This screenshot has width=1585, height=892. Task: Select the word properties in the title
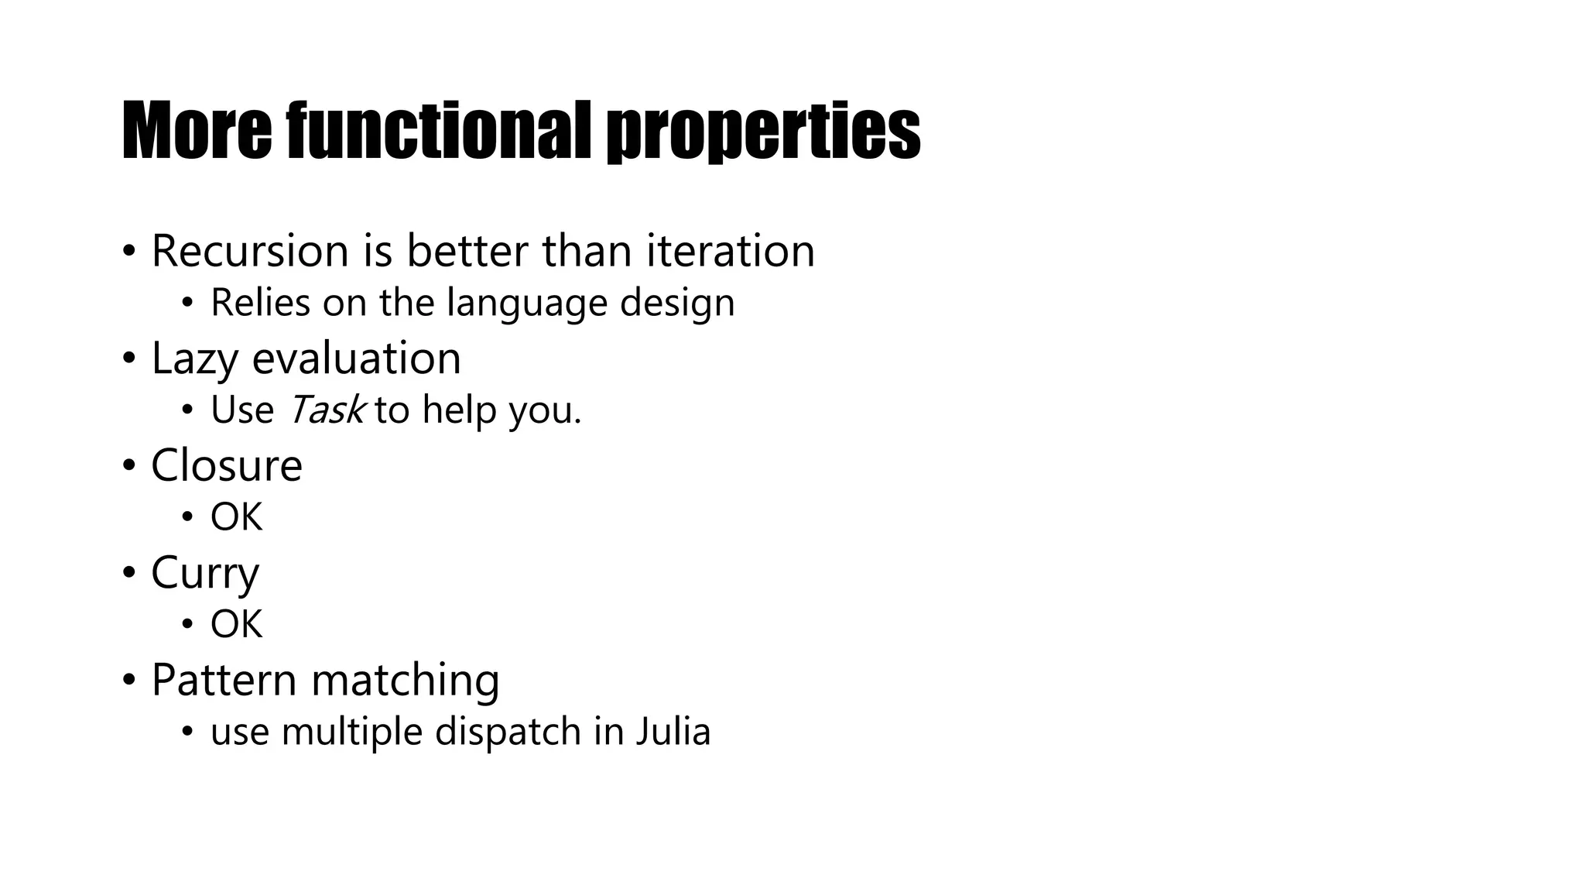[762, 133]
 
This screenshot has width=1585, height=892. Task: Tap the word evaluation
[357, 359]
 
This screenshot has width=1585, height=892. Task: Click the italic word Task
[326, 410]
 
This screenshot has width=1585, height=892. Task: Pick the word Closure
[227, 465]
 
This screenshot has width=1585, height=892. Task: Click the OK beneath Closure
[236, 517]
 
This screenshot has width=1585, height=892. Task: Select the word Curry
[205, 574]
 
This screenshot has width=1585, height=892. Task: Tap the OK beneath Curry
[236, 624]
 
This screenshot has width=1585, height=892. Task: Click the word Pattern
[224, 680]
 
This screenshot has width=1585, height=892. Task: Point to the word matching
[406, 681]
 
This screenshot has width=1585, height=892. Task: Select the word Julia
[673, 732]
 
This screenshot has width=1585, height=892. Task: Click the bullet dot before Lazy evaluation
[128, 359]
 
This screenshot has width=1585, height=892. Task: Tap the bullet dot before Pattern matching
[128, 681]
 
